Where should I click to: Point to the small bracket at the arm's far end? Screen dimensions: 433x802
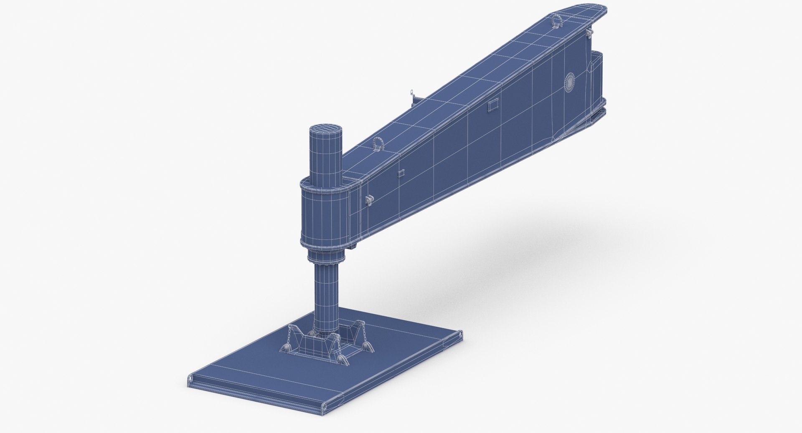tap(590, 32)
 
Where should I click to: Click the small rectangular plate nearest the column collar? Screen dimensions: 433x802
tap(401, 173)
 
